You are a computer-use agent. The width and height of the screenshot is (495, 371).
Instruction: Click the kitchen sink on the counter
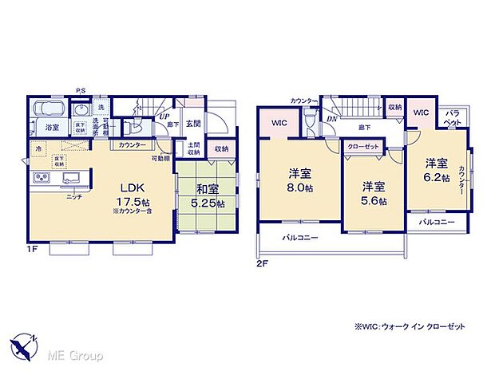[64, 177]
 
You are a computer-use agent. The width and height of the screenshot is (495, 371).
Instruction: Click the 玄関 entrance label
[194, 123]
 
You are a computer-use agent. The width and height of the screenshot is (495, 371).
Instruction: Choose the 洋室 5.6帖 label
[374, 193]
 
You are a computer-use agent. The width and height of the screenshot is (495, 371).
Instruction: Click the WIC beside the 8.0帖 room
[279, 123]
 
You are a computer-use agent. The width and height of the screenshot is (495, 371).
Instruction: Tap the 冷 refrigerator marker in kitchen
[38, 148]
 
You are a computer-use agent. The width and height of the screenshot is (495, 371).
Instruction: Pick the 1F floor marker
[33, 248]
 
